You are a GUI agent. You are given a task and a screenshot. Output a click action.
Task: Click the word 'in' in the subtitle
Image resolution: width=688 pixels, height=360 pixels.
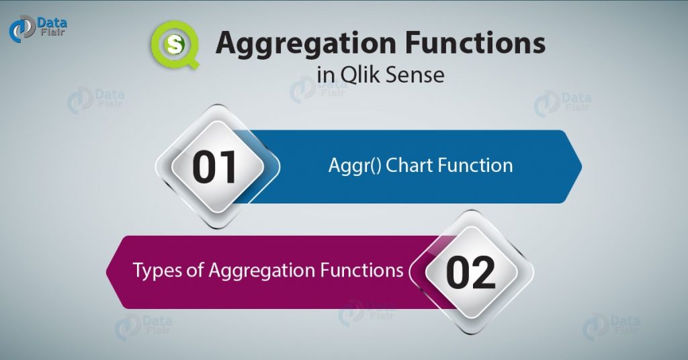[x=325, y=74]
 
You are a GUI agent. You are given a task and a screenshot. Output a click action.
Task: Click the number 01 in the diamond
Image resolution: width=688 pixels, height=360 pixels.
[x=216, y=167]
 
